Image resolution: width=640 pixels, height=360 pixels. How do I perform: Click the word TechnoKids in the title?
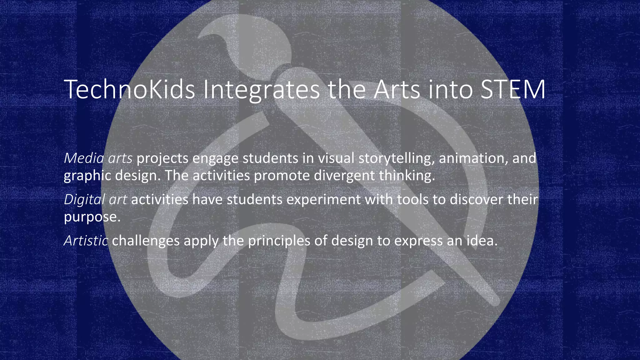pos(129,90)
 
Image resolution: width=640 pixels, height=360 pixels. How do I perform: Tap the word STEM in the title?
pos(512,90)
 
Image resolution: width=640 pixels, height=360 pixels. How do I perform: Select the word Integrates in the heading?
pos(261,90)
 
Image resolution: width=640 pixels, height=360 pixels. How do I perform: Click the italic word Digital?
pos(84,200)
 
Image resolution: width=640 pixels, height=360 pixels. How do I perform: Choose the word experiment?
pos(323,200)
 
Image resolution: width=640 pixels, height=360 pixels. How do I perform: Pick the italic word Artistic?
pos(86,241)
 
